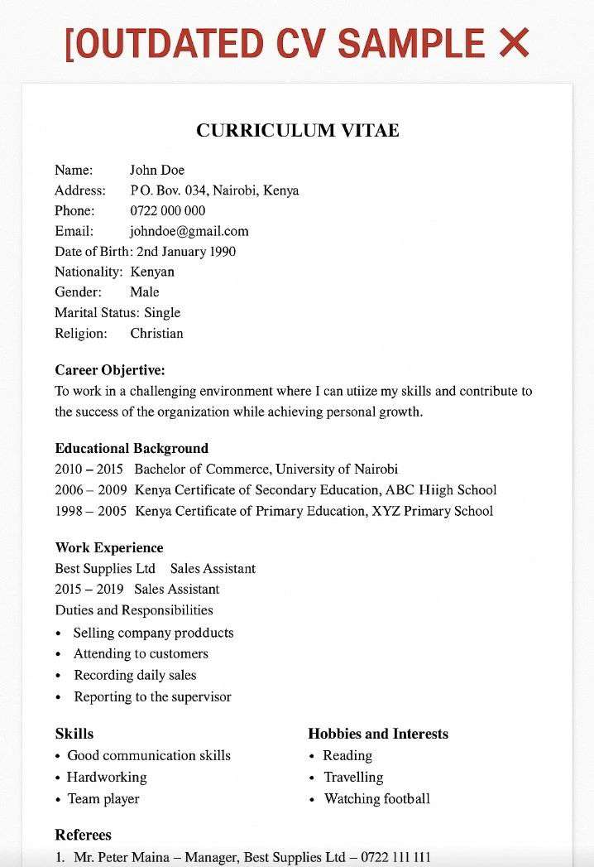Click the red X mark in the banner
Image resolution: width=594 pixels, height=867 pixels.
514,42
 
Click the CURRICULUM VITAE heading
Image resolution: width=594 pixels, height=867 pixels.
297,130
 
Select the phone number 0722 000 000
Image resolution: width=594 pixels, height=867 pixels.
168,210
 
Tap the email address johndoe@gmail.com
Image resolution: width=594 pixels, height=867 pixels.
189,231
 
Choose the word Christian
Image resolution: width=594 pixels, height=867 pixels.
156,333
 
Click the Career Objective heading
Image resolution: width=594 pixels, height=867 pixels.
110,369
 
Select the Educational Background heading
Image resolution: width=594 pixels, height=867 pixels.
132,448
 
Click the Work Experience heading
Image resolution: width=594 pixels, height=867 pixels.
109,547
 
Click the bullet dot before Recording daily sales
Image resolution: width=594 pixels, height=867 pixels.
58,676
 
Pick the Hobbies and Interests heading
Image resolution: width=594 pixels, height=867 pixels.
378,734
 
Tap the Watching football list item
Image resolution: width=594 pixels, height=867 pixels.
376,798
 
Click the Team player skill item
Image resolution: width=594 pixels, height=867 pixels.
103,798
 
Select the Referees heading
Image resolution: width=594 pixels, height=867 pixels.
83,834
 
